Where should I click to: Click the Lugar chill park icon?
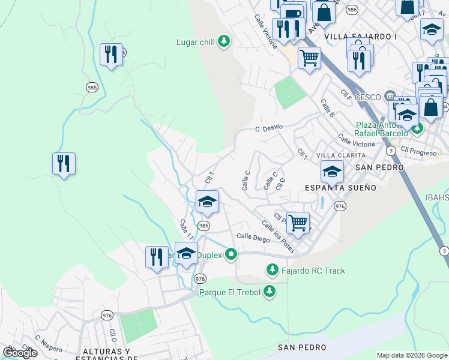(224, 41)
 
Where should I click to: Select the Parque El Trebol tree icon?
(270, 292)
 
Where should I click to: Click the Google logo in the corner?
(20, 353)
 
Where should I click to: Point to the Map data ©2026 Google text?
(412, 355)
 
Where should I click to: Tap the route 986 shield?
(352, 10)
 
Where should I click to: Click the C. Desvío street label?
(268, 128)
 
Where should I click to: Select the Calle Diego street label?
(253, 237)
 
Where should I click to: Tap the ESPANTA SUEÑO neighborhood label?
(341, 187)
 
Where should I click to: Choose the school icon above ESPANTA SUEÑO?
(332, 172)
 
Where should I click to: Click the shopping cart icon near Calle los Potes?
(298, 223)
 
